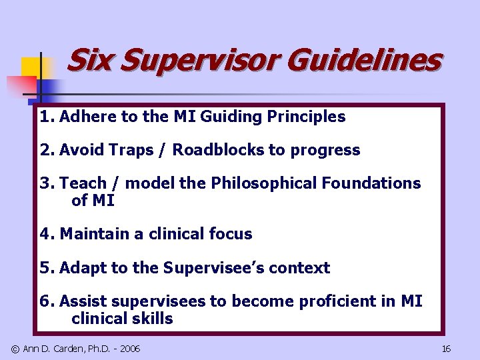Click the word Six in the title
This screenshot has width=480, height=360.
point(89,61)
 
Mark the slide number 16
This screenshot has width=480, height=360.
point(446,349)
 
